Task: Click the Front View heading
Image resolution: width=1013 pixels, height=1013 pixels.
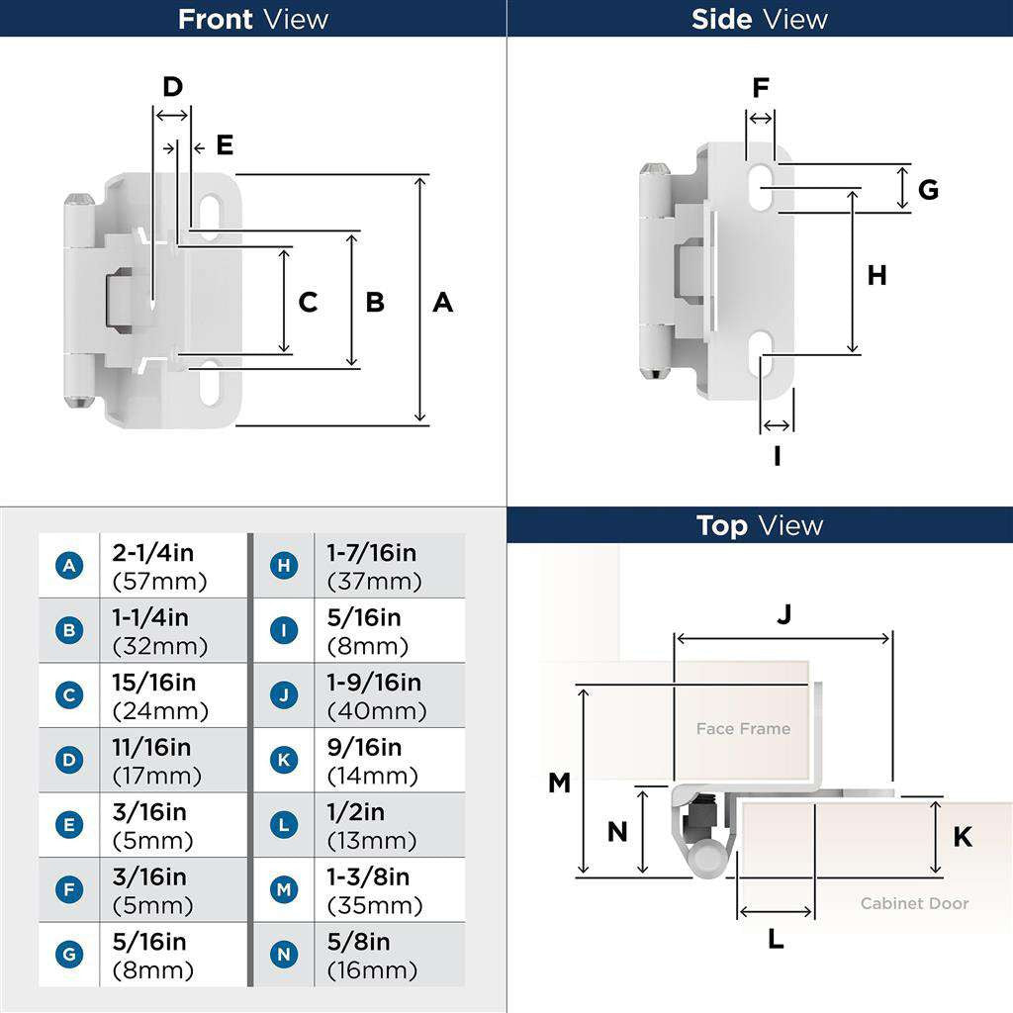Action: (252, 19)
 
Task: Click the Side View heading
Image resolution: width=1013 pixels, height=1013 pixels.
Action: (759, 19)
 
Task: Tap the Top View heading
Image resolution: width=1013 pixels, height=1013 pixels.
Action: (759, 525)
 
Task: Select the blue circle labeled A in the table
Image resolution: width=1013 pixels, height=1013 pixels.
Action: (69, 566)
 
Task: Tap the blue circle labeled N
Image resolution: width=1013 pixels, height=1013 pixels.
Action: (284, 955)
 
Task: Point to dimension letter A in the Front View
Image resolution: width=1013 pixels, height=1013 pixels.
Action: (442, 303)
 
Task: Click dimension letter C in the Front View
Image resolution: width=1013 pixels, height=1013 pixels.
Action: (308, 303)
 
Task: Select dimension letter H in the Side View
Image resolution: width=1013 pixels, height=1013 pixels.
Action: (876, 276)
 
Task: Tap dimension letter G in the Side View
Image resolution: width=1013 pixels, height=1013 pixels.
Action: (928, 189)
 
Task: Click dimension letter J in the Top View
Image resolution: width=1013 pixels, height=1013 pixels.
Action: (783, 614)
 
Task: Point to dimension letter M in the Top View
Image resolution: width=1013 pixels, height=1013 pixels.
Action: (559, 783)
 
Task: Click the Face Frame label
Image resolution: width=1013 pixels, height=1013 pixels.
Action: (743, 729)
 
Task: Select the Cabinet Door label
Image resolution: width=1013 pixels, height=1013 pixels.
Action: (914, 903)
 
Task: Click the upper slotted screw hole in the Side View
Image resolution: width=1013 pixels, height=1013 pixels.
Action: (763, 186)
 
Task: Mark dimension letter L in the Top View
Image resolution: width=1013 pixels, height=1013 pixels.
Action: (776, 939)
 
